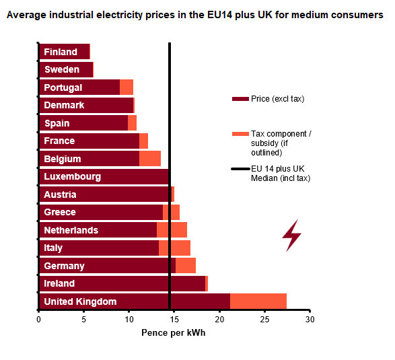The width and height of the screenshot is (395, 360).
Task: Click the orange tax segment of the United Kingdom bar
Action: [x=258, y=301]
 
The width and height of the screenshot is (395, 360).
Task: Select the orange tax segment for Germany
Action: [x=186, y=266]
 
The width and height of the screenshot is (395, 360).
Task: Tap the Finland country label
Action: [x=61, y=52]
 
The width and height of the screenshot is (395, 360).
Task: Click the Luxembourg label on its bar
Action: [x=72, y=176]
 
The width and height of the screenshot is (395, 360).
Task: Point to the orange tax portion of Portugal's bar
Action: [x=127, y=87]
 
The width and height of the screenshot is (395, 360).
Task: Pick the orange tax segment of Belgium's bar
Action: [x=150, y=159]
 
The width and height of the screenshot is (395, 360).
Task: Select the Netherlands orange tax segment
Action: [x=172, y=230]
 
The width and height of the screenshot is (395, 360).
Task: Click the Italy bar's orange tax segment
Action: [x=174, y=248]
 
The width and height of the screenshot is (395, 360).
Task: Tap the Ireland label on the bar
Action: [x=59, y=283]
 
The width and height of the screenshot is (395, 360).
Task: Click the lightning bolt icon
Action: [x=291, y=235]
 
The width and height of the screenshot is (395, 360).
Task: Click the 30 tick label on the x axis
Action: [x=310, y=320]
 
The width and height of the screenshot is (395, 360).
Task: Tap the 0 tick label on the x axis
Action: [x=38, y=320]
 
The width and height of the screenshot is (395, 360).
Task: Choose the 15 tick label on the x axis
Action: [x=174, y=320]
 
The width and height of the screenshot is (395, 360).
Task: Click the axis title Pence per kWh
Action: [x=174, y=333]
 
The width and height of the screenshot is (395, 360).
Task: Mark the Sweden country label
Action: [x=62, y=69]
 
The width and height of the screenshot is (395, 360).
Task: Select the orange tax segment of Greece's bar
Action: [x=171, y=212]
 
